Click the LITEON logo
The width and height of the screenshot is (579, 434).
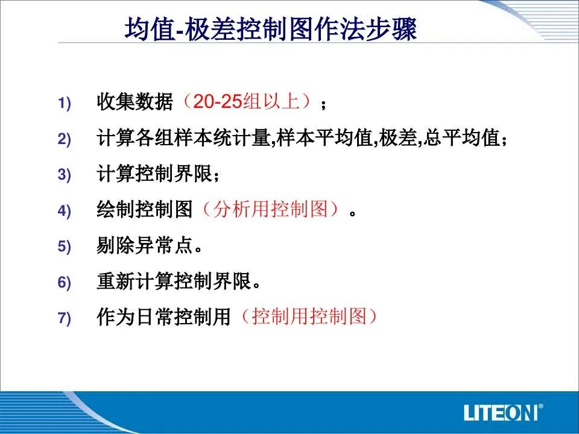[x=503, y=412]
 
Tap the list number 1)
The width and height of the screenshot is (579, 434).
[x=64, y=103]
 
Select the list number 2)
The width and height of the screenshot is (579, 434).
[x=64, y=139]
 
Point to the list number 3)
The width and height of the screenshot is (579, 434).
[x=64, y=175]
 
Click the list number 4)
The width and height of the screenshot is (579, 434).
[x=64, y=211]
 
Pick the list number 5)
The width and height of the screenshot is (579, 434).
[x=64, y=246]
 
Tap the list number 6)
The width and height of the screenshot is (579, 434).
[x=64, y=282]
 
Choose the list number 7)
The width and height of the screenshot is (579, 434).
[x=64, y=318]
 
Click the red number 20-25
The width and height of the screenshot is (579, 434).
[x=218, y=101]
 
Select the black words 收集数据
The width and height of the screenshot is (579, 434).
[x=134, y=101]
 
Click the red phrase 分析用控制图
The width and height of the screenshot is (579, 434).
[x=271, y=209]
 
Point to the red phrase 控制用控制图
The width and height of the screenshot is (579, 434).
[x=309, y=316]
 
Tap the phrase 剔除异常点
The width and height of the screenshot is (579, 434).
[x=145, y=245]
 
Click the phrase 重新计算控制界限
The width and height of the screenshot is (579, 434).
[x=174, y=281]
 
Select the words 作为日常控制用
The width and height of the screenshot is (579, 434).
[x=164, y=316]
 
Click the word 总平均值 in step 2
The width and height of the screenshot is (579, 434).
[x=461, y=137]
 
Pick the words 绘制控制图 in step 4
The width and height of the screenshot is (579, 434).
[x=145, y=209]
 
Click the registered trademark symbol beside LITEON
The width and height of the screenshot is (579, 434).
[x=540, y=407]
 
